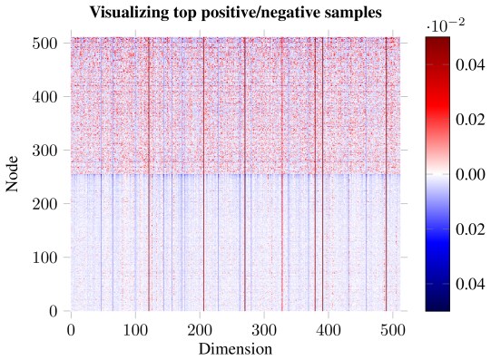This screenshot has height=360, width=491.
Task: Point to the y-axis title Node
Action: (13, 175)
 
